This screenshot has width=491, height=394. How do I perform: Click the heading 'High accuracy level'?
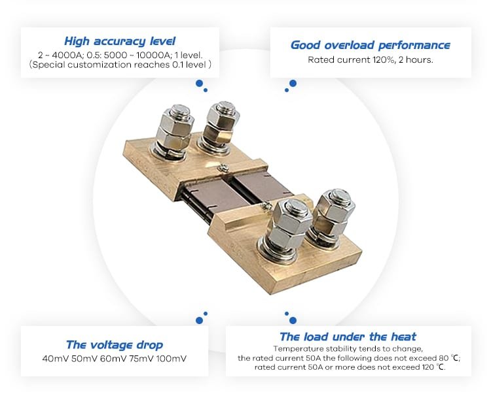120,41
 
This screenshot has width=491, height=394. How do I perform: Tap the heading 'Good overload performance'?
370,45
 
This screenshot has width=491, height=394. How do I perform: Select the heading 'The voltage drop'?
115,344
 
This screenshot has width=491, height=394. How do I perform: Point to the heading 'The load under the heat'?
348,337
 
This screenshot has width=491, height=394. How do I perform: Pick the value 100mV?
171,358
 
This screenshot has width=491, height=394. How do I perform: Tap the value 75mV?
141,358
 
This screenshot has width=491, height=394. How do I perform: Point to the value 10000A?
153,56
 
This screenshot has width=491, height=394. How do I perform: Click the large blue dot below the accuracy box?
199,84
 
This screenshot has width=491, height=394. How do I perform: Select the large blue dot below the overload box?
293,84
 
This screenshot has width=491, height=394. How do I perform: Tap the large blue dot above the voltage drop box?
199,320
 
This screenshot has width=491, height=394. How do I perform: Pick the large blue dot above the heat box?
293,320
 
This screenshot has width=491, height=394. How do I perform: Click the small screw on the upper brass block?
224,168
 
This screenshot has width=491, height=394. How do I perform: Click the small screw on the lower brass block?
266,205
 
